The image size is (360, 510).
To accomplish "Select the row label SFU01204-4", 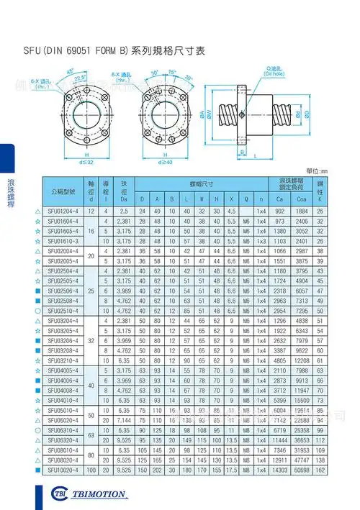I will pyautogui.click(x=63, y=211).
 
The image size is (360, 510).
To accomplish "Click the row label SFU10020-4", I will pyautogui.click(x=63, y=469).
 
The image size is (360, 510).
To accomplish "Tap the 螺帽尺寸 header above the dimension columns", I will pyautogui.click(x=190, y=184).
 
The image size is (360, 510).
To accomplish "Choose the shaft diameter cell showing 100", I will pyautogui.click(x=91, y=469).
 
